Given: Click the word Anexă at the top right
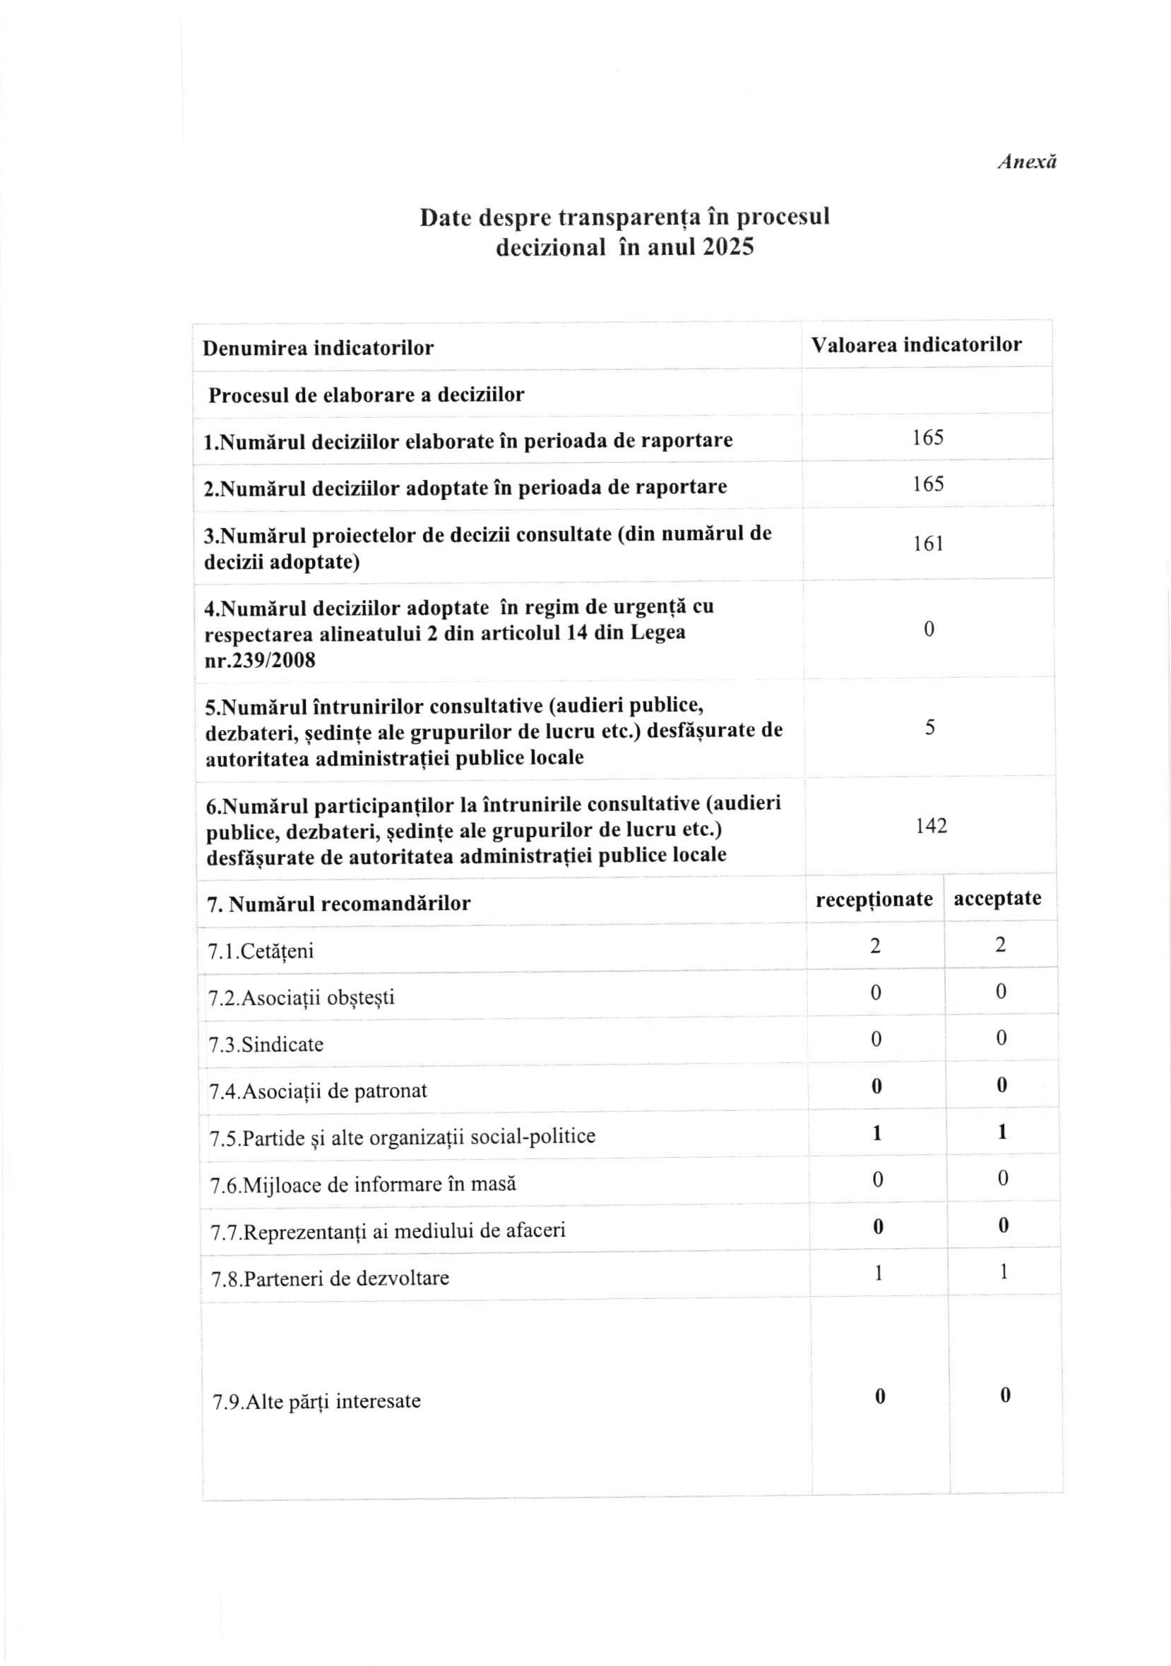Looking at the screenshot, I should (1026, 161).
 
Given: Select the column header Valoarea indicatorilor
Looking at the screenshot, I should (916, 344).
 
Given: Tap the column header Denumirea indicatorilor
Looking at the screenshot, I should (318, 348).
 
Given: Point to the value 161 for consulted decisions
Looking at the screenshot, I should (928, 544).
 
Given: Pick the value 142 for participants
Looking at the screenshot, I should (931, 826).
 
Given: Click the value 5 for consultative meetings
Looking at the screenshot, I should (930, 728).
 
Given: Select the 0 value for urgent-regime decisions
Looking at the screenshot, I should (929, 629).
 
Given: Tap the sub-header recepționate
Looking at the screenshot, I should (874, 900).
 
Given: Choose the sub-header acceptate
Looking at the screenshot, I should (997, 899).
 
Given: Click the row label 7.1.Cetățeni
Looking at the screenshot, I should (261, 952).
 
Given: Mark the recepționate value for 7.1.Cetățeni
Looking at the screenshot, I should (875, 945).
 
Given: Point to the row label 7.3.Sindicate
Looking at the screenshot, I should (266, 1045).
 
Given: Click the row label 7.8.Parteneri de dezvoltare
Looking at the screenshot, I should (330, 1278).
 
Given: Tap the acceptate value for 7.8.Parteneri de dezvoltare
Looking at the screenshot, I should (1004, 1272).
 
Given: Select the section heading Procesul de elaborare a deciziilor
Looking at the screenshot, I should (366, 395).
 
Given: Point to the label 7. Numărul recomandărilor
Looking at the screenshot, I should (338, 904).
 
